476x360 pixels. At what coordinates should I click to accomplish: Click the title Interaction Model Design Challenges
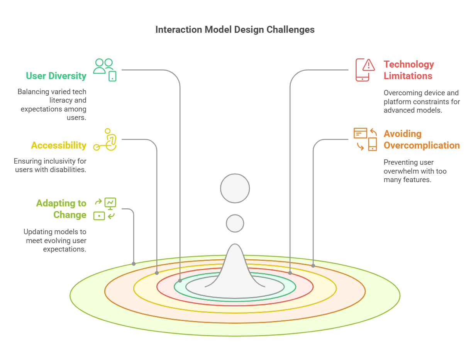[235, 30]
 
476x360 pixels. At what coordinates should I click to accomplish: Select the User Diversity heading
[56, 76]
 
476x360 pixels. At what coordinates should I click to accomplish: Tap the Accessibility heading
[59, 145]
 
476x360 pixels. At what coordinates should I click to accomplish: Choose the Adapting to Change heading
[61, 209]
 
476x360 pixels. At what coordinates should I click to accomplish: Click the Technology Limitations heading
[408, 70]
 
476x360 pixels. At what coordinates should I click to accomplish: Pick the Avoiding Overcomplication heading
[422, 139]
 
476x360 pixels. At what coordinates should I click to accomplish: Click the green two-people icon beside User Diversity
[105, 70]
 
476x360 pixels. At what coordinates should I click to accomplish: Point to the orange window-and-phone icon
[365, 139]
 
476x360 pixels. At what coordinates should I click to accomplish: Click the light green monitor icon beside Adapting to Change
[105, 209]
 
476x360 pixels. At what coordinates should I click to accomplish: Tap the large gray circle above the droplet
[235, 189]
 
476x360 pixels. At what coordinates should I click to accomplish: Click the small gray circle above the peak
[235, 223]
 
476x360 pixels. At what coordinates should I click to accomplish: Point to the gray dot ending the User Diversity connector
[180, 281]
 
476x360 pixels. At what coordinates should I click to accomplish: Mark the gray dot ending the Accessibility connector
[157, 273]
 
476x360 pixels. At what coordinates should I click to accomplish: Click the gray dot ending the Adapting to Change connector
[134, 264]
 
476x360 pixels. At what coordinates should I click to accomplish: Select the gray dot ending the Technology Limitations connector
[290, 273]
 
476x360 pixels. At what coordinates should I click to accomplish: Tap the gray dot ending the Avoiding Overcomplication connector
[313, 265]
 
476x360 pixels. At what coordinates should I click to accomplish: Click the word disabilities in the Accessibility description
[68, 169]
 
